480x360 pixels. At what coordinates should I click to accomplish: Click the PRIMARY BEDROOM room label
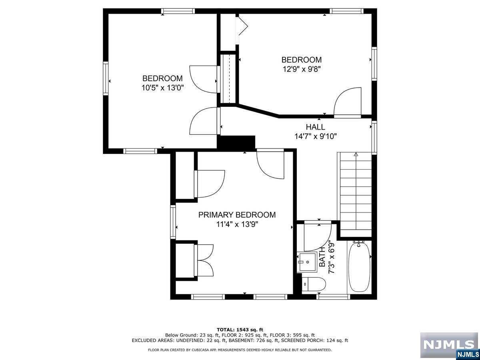click(237, 215)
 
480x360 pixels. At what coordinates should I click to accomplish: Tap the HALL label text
click(315, 127)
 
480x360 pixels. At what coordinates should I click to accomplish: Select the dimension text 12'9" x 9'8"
click(302, 69)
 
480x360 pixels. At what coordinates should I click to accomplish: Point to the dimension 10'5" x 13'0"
click(162, 88)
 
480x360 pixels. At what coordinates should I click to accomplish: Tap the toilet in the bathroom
click(314, 284)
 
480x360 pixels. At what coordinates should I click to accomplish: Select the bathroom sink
click(307, 262)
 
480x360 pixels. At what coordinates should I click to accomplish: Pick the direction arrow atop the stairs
click(356, 154)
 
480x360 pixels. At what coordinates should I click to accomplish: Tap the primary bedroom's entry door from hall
click(270, 164)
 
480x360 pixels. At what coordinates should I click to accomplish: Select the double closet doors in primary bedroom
click(204, 260)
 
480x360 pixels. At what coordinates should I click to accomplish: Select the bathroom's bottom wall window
click(334, 297)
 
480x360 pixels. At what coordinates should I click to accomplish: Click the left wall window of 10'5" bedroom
click(106, 78)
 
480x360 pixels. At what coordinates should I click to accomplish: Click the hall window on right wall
click(374, 138)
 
